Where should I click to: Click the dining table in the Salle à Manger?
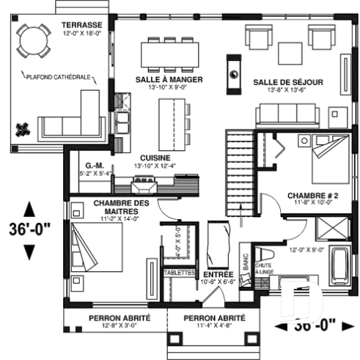click(x=169, y=54)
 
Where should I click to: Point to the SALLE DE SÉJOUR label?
click(x=288, y=82)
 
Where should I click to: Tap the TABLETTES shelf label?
click(x=179, y=272)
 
